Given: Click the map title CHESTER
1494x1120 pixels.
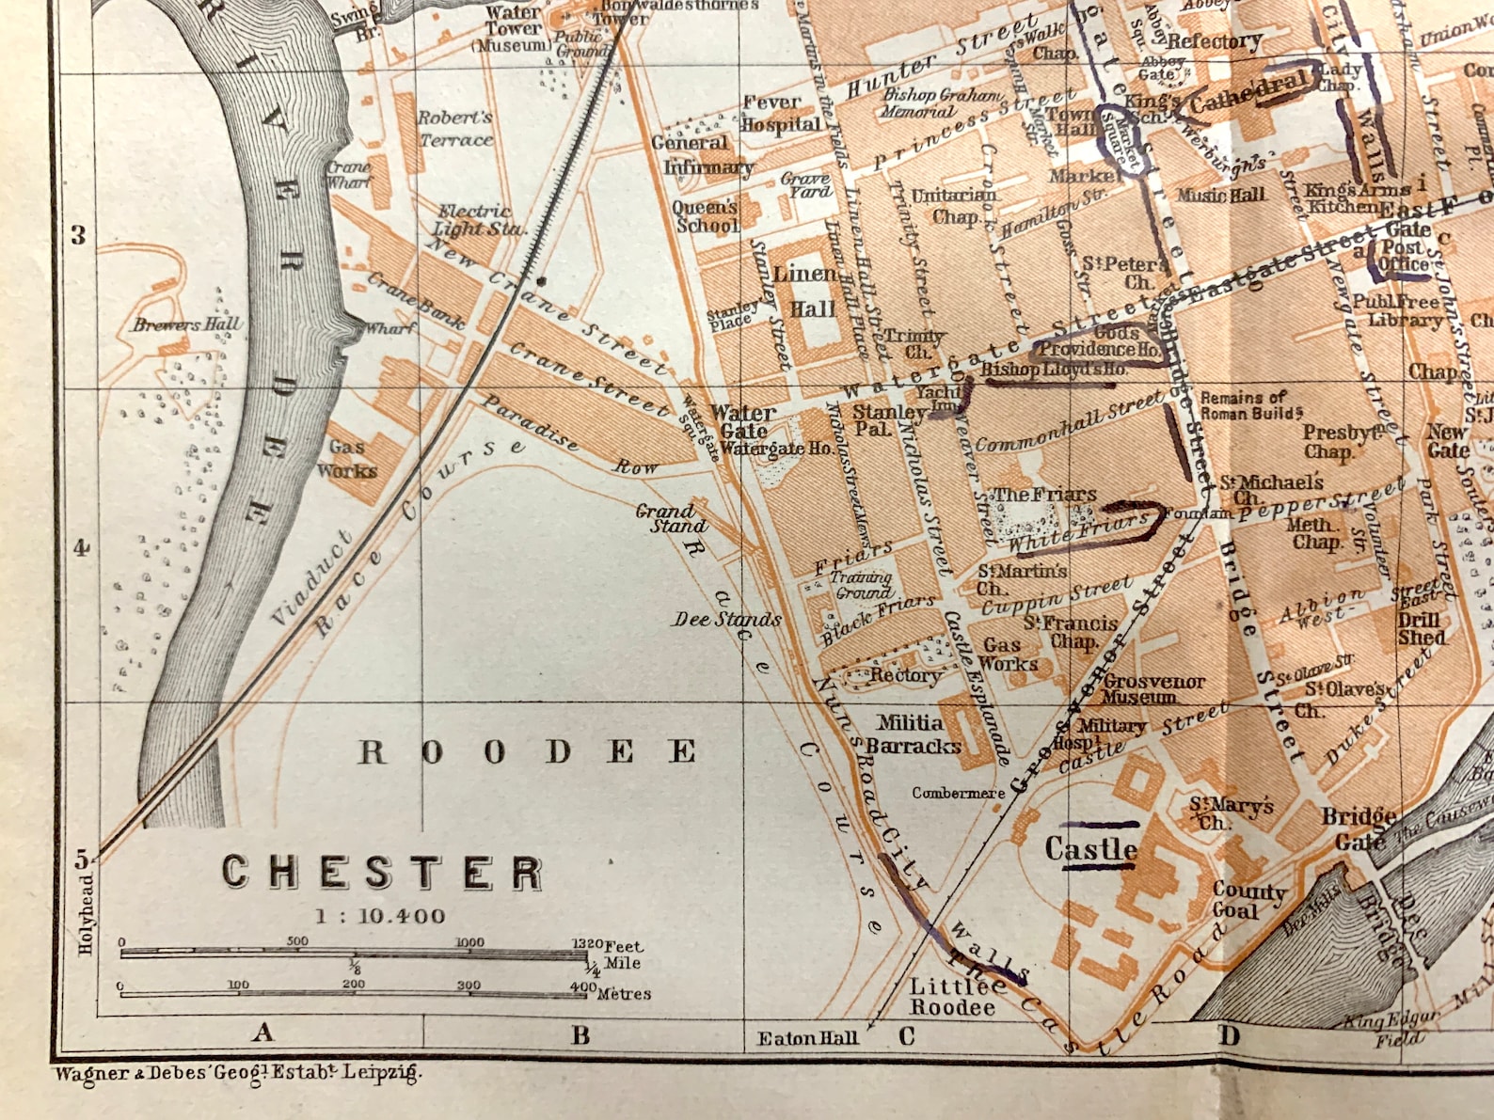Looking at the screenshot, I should [x=381, y=873].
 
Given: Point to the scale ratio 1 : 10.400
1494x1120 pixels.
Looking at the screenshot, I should [x=380, y=916].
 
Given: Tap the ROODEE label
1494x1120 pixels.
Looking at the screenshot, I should [x=527, y=752].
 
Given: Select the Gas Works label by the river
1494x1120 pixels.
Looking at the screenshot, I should [x=346, y=459].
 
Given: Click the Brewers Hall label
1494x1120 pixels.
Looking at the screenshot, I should [x=186, y=324].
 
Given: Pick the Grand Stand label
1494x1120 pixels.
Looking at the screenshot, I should [x=666, y=518].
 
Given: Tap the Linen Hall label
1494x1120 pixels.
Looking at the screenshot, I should [x=806, y=291].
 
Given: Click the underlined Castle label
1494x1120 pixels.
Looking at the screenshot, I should [x=1090, y=849].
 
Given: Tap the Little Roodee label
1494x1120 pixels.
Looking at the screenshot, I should [x=952, y=997].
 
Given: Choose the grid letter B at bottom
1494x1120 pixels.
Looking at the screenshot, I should [x=580, y=1035].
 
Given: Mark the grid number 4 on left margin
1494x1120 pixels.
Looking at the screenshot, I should [x=81, y=547].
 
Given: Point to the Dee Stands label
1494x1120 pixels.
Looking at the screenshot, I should [x=726, y=620].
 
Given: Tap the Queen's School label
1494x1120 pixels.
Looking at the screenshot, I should [x=706, y=216].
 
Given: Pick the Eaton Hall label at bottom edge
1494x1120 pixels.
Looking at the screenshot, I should [x=807, y=1038].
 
